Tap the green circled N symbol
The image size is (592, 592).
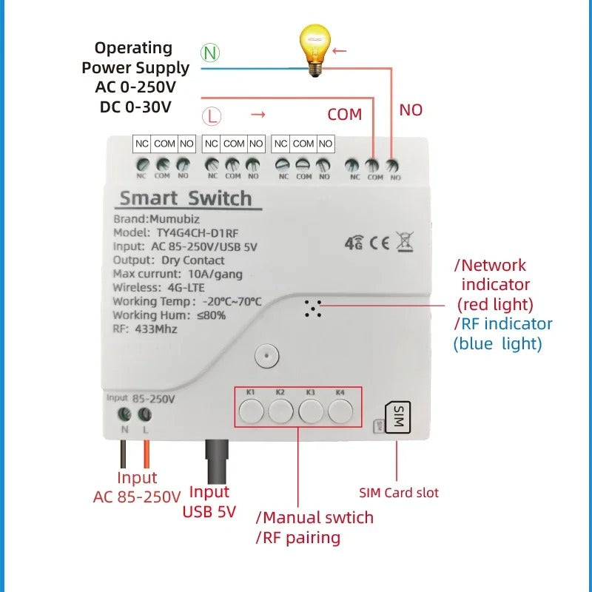click(x=210, y=53)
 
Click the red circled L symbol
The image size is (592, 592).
click(x=212, y=116)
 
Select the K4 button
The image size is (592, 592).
click(x=340, y=409)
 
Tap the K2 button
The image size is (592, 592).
click(x=280, y=409)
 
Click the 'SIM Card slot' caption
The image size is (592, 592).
click(x=399, y=493)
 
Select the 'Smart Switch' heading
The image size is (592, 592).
click(x=185, y=198)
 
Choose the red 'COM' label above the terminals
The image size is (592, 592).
click(x=345, y=115)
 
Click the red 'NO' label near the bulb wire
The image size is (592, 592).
click(x=411, y=110)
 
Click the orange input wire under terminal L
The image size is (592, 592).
click(x=147, y=453)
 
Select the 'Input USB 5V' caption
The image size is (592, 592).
click(x=209, y=502)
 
